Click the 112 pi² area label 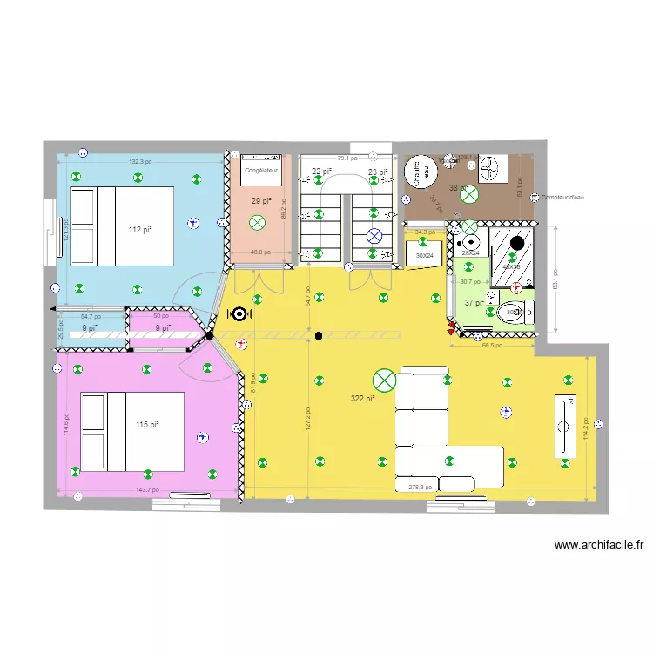(140, 230)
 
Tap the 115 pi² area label (147, 425)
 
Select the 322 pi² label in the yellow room (362, 399)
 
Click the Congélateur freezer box (260, 172)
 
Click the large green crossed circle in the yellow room (383, 380)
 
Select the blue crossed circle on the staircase (374, 235)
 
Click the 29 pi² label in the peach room (260, 201)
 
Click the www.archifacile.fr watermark (599, 546)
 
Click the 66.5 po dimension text (493, 345)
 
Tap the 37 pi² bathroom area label (473, 302)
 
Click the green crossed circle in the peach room (257, 224)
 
